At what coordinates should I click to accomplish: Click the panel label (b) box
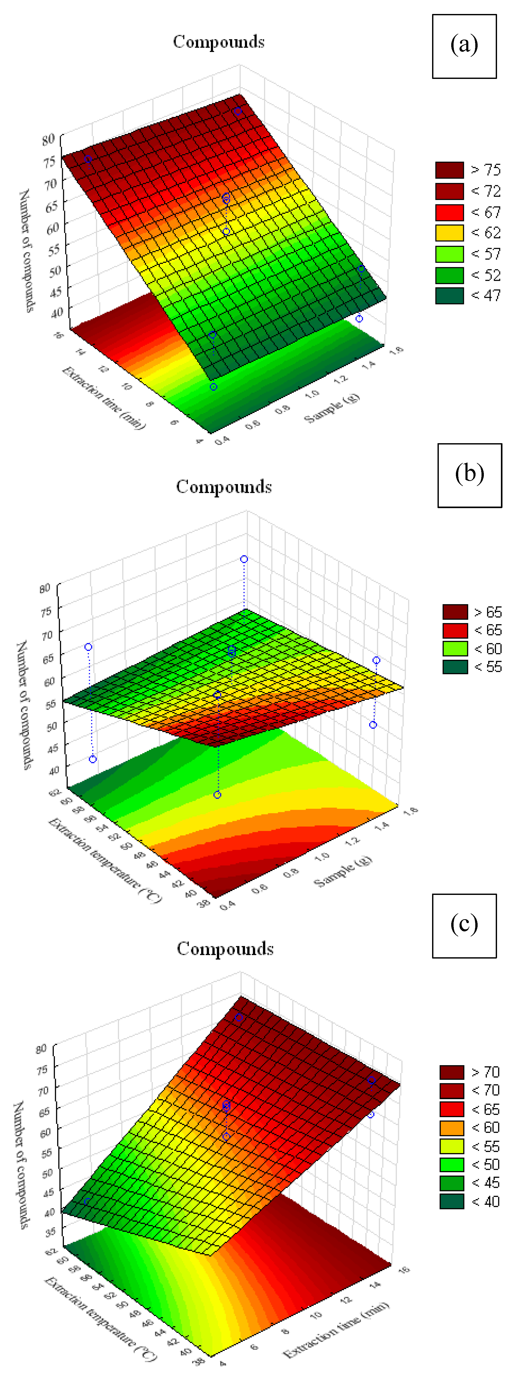469,475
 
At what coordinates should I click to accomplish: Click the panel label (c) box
464,926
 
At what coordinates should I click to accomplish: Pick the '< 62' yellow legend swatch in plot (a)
449,233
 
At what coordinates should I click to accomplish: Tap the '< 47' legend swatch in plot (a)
449,296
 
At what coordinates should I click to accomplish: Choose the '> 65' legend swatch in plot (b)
455,612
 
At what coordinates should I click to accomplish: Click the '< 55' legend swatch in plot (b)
455,667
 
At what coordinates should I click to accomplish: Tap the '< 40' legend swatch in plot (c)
451,1201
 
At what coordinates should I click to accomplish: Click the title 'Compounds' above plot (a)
219,42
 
